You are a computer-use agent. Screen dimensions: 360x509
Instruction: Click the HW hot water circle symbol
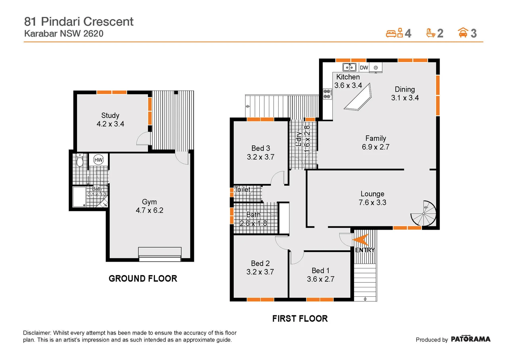click(x=98, y=160)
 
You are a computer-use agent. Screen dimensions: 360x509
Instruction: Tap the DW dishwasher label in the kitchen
click(x=364, y=68)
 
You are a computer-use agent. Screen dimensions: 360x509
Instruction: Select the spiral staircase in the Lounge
click(x=424, y=213)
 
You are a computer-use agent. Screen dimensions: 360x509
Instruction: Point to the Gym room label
click(x=149, y=202)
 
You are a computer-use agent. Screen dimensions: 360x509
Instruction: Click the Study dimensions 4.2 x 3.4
click(x=110, y=124)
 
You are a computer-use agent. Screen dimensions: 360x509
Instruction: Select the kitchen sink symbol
click(x=349, y=67)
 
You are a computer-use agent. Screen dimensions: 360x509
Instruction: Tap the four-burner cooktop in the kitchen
click(x=327, y=94)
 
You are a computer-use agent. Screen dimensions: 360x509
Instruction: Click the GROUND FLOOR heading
click(x=143, y=279)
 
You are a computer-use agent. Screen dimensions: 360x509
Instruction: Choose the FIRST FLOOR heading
click(x=300, y=319)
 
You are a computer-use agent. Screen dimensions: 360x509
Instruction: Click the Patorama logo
click(x=470, y=339)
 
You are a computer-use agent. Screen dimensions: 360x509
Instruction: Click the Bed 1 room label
click(x=320, y=270)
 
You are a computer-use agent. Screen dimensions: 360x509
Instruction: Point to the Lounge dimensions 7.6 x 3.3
click(x=372, y=202)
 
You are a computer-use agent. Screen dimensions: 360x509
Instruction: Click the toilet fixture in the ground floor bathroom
click(x=80, y=160)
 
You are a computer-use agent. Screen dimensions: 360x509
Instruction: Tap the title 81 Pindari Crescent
click(x=79, y=22)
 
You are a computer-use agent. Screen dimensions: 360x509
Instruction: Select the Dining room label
click(x=405, y=89)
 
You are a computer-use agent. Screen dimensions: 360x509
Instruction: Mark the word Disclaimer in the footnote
click(x=37, y=333)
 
